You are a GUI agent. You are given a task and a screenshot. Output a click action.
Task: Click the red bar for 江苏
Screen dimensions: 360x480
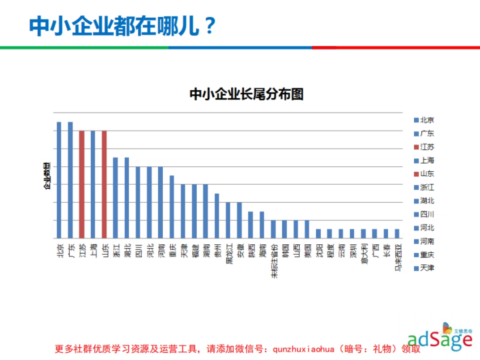pos(82,184)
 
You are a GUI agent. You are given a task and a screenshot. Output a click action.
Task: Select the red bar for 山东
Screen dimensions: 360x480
pos(104,184)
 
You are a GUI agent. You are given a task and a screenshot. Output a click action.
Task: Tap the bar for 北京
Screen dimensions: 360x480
pos(59,180)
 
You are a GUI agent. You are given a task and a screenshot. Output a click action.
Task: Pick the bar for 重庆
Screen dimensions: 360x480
pos(172,206)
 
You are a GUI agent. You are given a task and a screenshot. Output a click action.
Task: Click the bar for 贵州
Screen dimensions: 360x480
pos(217,216)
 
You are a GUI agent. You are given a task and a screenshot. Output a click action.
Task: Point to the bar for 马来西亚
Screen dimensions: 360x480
pos(397,234)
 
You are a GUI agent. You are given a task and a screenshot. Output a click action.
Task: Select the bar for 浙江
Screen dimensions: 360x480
pos(115,198)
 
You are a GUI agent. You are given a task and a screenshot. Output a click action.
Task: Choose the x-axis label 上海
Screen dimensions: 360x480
pos(93,250)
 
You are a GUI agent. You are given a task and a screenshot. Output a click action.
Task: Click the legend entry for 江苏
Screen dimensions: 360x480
pos(424,147)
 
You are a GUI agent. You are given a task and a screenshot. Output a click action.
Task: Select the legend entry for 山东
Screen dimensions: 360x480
pos(424,174)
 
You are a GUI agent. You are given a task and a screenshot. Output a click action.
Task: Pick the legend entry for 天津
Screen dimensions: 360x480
pos(424,268)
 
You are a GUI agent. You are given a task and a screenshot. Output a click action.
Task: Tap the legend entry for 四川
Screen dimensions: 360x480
pos(424,214)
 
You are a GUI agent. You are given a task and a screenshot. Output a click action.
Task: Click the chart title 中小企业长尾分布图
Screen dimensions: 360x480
pos(246,94)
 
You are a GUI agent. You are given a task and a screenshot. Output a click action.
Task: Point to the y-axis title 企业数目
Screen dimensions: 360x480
pos(47,176)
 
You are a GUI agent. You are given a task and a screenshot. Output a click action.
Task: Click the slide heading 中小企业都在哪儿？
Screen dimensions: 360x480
pos(122,26)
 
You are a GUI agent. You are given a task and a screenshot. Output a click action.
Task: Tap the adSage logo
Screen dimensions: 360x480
pos(440,338)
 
